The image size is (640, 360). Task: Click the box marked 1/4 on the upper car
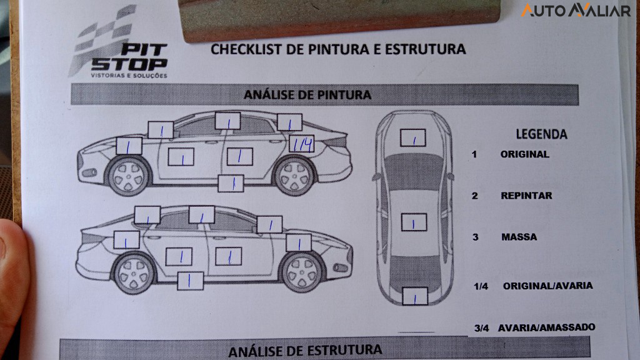point(302,144)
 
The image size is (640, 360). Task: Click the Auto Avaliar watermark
point(576,11)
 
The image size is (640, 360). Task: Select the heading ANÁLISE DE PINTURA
point(307,95)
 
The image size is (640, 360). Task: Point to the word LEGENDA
point(541,134)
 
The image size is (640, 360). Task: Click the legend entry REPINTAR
point(526,196)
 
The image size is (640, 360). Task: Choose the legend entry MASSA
point(519,237)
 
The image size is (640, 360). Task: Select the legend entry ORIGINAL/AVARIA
point(547,286)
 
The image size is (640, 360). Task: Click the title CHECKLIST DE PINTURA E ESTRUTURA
point(338,49)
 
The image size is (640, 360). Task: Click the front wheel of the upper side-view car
point(129,175)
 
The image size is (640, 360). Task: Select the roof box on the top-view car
point(413,222)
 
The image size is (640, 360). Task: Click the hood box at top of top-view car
point(412,137)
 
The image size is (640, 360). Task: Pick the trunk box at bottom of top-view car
point(414,296)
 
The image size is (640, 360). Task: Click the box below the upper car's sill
point(231,183)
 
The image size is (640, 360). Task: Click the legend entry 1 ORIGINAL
point(524,154)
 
